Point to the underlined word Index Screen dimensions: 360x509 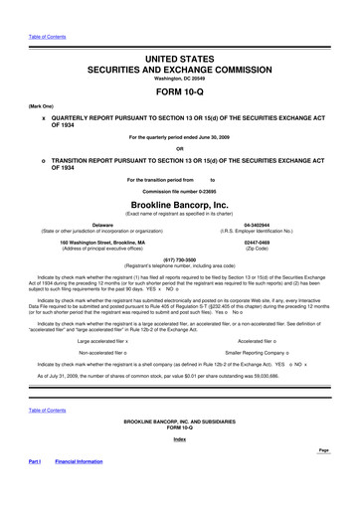tap(180, 467)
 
